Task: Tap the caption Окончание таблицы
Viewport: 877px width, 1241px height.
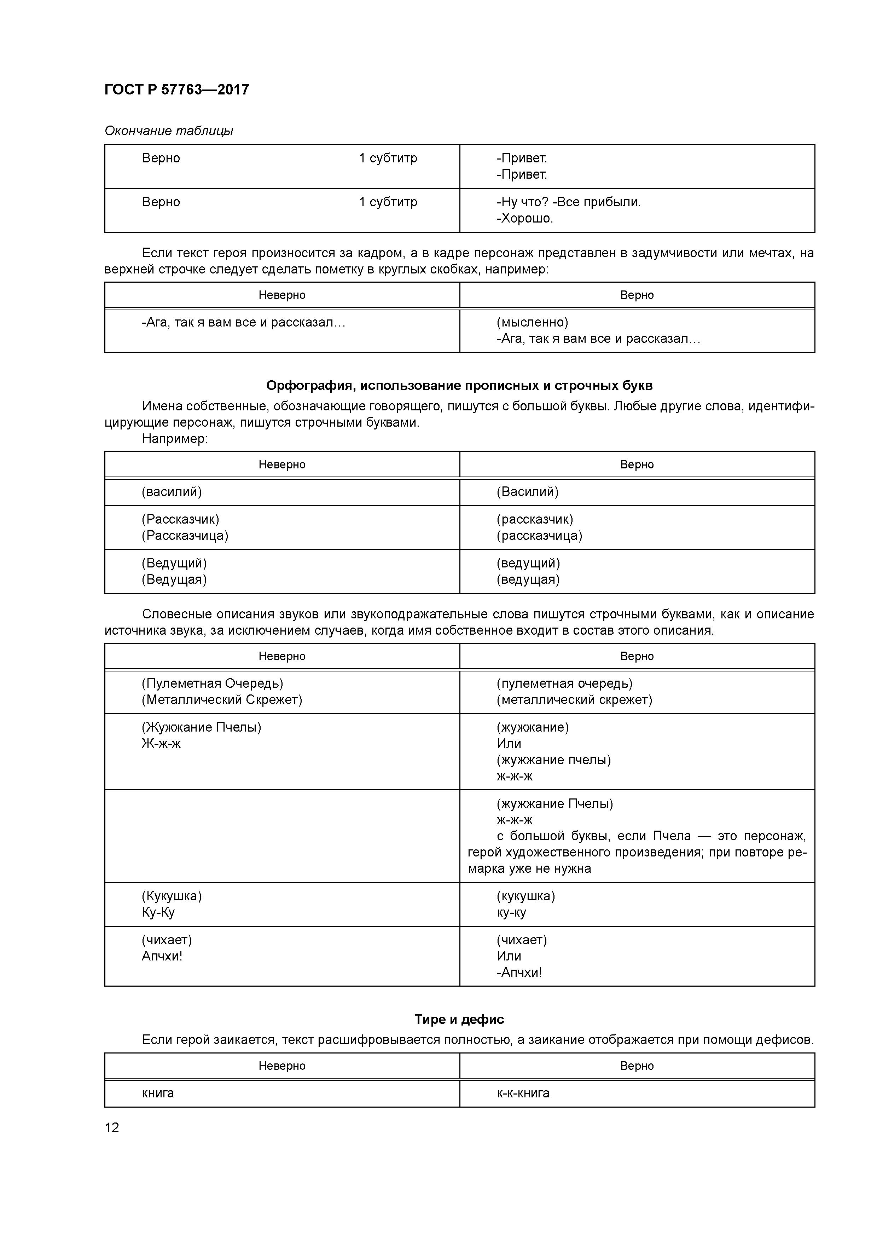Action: tap(169, 131)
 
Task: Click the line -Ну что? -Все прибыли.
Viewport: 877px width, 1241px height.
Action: tap(568, 202)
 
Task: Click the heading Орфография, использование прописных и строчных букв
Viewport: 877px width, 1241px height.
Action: tap(459, 385)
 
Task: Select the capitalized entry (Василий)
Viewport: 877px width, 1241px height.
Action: tap(527, 492)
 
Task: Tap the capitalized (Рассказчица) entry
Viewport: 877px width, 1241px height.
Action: tap(185, 536)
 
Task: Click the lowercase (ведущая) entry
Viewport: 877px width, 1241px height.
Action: tap(528, 579)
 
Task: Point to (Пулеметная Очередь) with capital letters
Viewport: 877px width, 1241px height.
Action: tap(213, 684)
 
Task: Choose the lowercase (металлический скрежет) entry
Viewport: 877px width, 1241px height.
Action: tap(574, 700)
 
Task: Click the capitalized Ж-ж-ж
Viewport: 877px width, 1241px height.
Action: tap(161, 744)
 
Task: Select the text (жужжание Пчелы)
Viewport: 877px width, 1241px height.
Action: tap(555, 804)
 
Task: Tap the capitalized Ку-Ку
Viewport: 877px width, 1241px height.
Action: tap(158, 912)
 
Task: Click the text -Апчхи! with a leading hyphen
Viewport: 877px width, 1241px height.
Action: tap(519, 972)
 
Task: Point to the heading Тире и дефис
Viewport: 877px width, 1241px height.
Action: tap(459, 1020)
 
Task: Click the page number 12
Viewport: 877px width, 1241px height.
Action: tap(112, 1127)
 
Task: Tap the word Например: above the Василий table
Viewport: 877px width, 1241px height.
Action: tap(175, 439)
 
